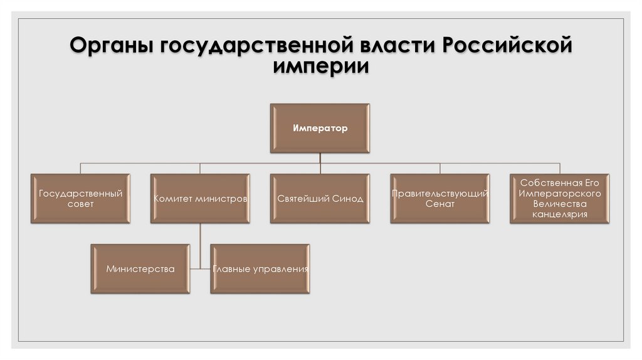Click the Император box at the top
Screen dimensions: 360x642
coord(320,129)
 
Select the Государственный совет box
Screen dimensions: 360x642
coord(80,198)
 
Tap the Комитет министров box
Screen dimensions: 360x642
coord(200,198)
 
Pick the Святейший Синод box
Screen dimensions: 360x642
coord(320,198)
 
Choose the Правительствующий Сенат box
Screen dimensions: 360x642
coord(439,198)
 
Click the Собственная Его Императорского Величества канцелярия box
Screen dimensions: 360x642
coord(560,198)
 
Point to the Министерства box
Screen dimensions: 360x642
coord(140,269)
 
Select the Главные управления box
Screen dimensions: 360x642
coord(260,269)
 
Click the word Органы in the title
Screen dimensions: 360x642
coord(110,48)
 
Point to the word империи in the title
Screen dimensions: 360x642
coord(320,67)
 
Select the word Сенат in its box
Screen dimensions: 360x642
coord(439,204)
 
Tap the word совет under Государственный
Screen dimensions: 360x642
coord(80,204)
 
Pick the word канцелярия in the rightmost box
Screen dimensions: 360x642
coord(560,214)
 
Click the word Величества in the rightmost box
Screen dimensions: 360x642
coord(560,204)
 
